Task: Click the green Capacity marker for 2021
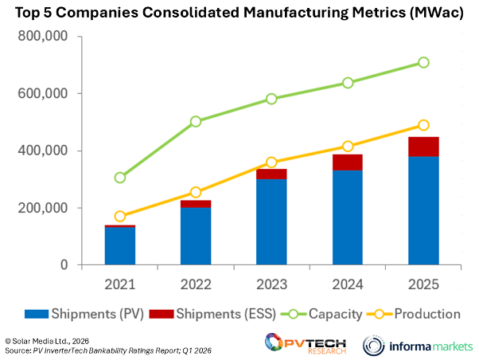[120, 178]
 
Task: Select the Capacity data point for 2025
[423, 62]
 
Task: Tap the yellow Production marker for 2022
[196, 193]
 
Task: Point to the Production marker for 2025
[423, 125]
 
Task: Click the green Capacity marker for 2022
[196, 122]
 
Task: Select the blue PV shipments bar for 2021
[120, 246]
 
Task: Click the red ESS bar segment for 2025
[423, 147]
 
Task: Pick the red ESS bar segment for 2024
[348, 162]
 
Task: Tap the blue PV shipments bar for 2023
[271, 221]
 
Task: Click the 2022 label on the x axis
[196, 283]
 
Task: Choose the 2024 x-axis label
[348, 283]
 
